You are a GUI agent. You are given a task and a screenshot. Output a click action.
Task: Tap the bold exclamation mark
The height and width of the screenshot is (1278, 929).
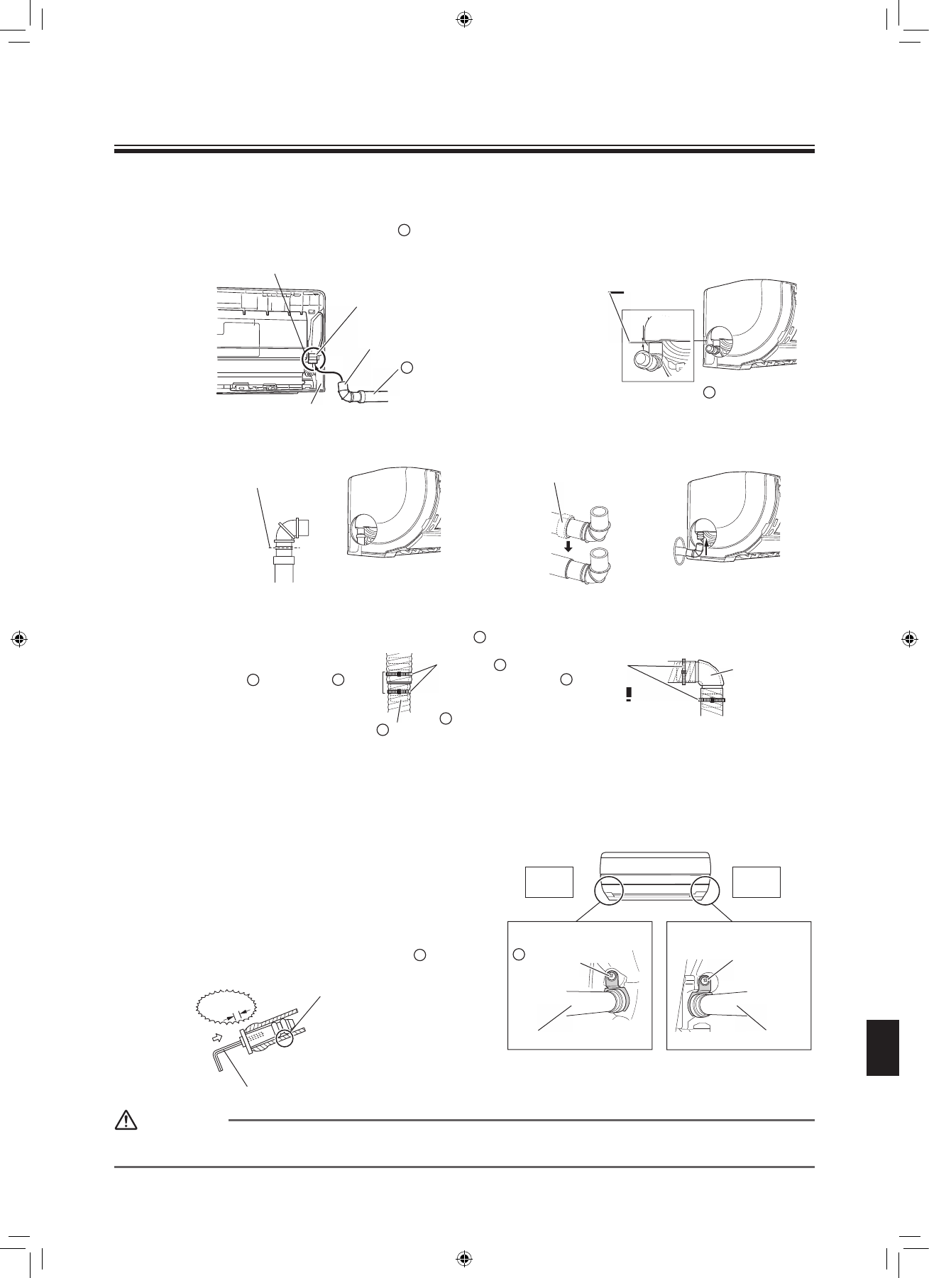(629, 694)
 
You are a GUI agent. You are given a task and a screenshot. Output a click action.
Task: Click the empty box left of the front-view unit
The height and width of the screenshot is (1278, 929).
(549, 882)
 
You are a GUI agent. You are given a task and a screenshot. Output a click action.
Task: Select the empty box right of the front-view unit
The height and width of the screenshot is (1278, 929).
(757, 882)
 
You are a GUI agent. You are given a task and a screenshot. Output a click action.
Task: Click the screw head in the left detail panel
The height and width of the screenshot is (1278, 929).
(611, 976)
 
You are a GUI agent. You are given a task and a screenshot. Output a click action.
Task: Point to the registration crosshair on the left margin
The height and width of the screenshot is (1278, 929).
(20, 638)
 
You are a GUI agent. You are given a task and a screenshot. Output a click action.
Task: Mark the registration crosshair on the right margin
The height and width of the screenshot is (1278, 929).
(909, 638)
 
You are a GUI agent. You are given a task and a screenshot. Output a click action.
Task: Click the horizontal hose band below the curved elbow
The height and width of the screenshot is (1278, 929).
(711, 700)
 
